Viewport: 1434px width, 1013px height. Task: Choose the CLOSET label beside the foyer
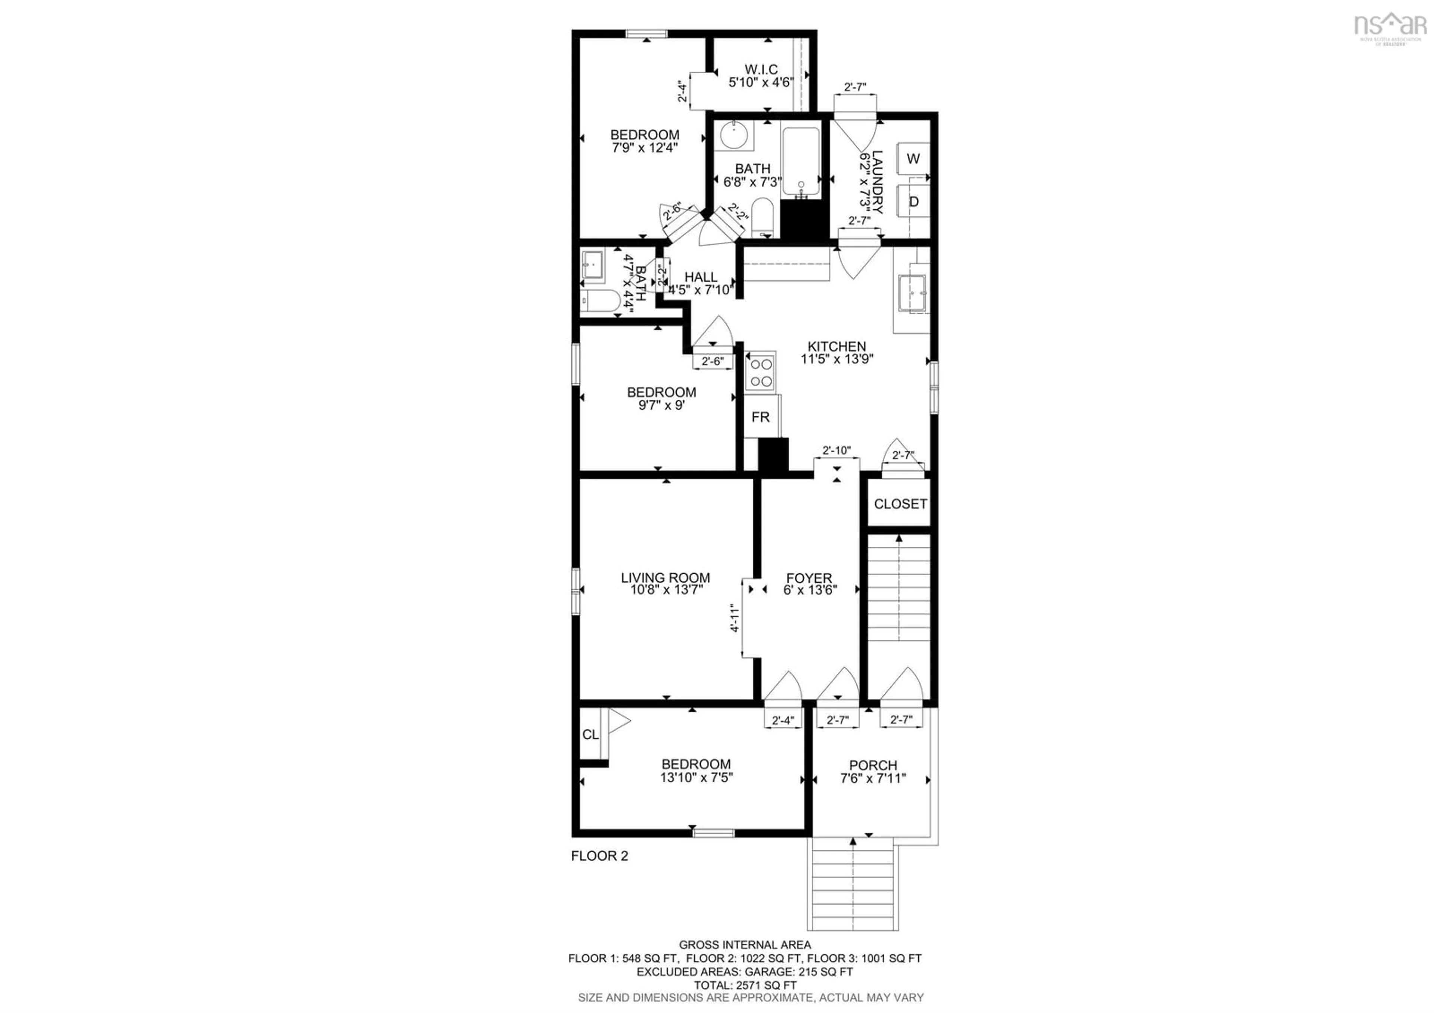tap(900, 504)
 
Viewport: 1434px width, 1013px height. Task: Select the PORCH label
tap(872, 765)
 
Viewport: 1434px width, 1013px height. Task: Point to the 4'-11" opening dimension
tap(735, 618)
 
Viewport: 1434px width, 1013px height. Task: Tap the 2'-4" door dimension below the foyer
tap(783, 721)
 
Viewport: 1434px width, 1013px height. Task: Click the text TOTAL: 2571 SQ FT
tap(745, 985)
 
